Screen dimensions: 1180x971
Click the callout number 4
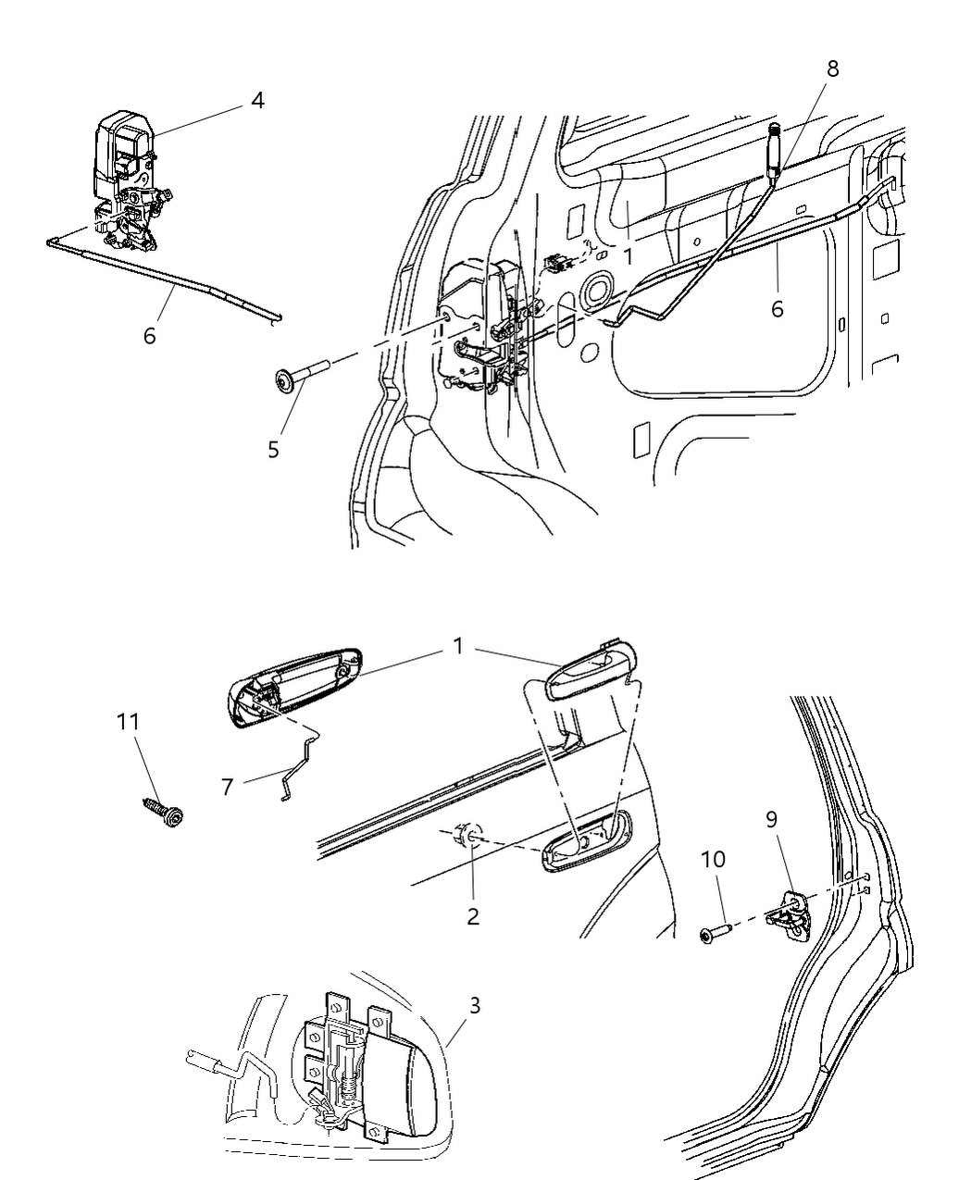tap(257, 100)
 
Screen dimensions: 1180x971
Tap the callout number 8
tap(832, 69)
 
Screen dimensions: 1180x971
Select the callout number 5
tap(273, 450)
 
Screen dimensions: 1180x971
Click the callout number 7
tap(228, 788)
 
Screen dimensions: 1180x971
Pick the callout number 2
tap(473, 916)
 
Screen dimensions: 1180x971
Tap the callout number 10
tap(713, 859)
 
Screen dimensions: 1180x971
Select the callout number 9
tap(771, 819)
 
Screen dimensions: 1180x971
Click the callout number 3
tap(474, 1005)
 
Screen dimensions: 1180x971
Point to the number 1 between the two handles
tap(457, 646)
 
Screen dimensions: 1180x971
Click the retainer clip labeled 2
tap(467, 837)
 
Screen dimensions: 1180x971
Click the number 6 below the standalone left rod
tap(149, 335)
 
